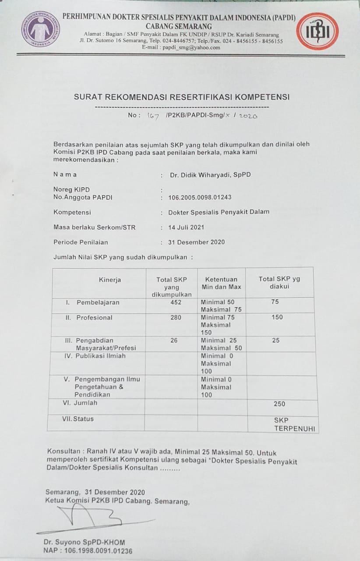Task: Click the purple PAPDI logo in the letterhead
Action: tap(41, 29)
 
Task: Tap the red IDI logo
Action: tap(317, 31)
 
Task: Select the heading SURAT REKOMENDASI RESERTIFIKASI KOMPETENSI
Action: tap(182, 97)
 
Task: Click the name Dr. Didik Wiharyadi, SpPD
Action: tap(210, 175)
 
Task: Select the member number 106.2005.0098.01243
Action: tap(200, 198)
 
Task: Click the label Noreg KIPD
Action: tap(71, 190)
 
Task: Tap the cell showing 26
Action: tap(174, 340)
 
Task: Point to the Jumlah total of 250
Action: tap(279, 404)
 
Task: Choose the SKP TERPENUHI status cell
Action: tap(294, 424)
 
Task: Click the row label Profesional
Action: tap(94, 318)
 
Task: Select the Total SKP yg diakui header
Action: tap(279, 282)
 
